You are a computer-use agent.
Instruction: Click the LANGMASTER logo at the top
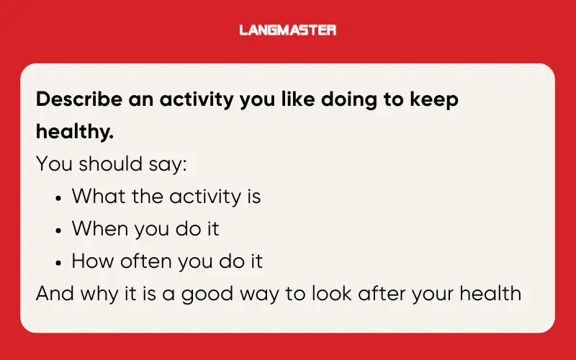click(288, 30)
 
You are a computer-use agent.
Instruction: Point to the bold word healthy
click(75, 132)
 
